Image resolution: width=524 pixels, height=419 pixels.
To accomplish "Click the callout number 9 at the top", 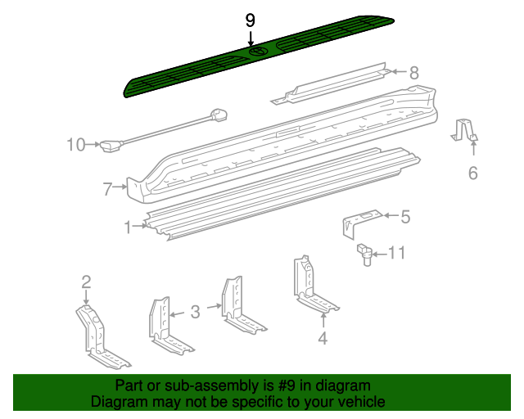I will pos(251,20).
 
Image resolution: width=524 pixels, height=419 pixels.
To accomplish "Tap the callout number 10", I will pos(75,145).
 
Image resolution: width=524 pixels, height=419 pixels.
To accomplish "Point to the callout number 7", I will pos(107,189).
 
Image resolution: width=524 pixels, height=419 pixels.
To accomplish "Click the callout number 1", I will pos(128,227).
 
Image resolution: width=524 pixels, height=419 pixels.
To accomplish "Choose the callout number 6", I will pos(472,173).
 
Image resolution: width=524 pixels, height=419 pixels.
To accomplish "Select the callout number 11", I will pos(395,254).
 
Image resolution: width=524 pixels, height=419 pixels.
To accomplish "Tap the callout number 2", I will pos(86,282).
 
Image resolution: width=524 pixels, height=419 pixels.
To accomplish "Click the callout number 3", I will pos(195,311).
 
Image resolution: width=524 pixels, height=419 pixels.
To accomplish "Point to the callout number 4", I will pos(323,337).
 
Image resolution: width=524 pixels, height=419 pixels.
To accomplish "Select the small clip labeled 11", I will pos(364,254).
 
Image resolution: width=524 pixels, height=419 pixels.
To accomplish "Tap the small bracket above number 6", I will pos(465,130).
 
